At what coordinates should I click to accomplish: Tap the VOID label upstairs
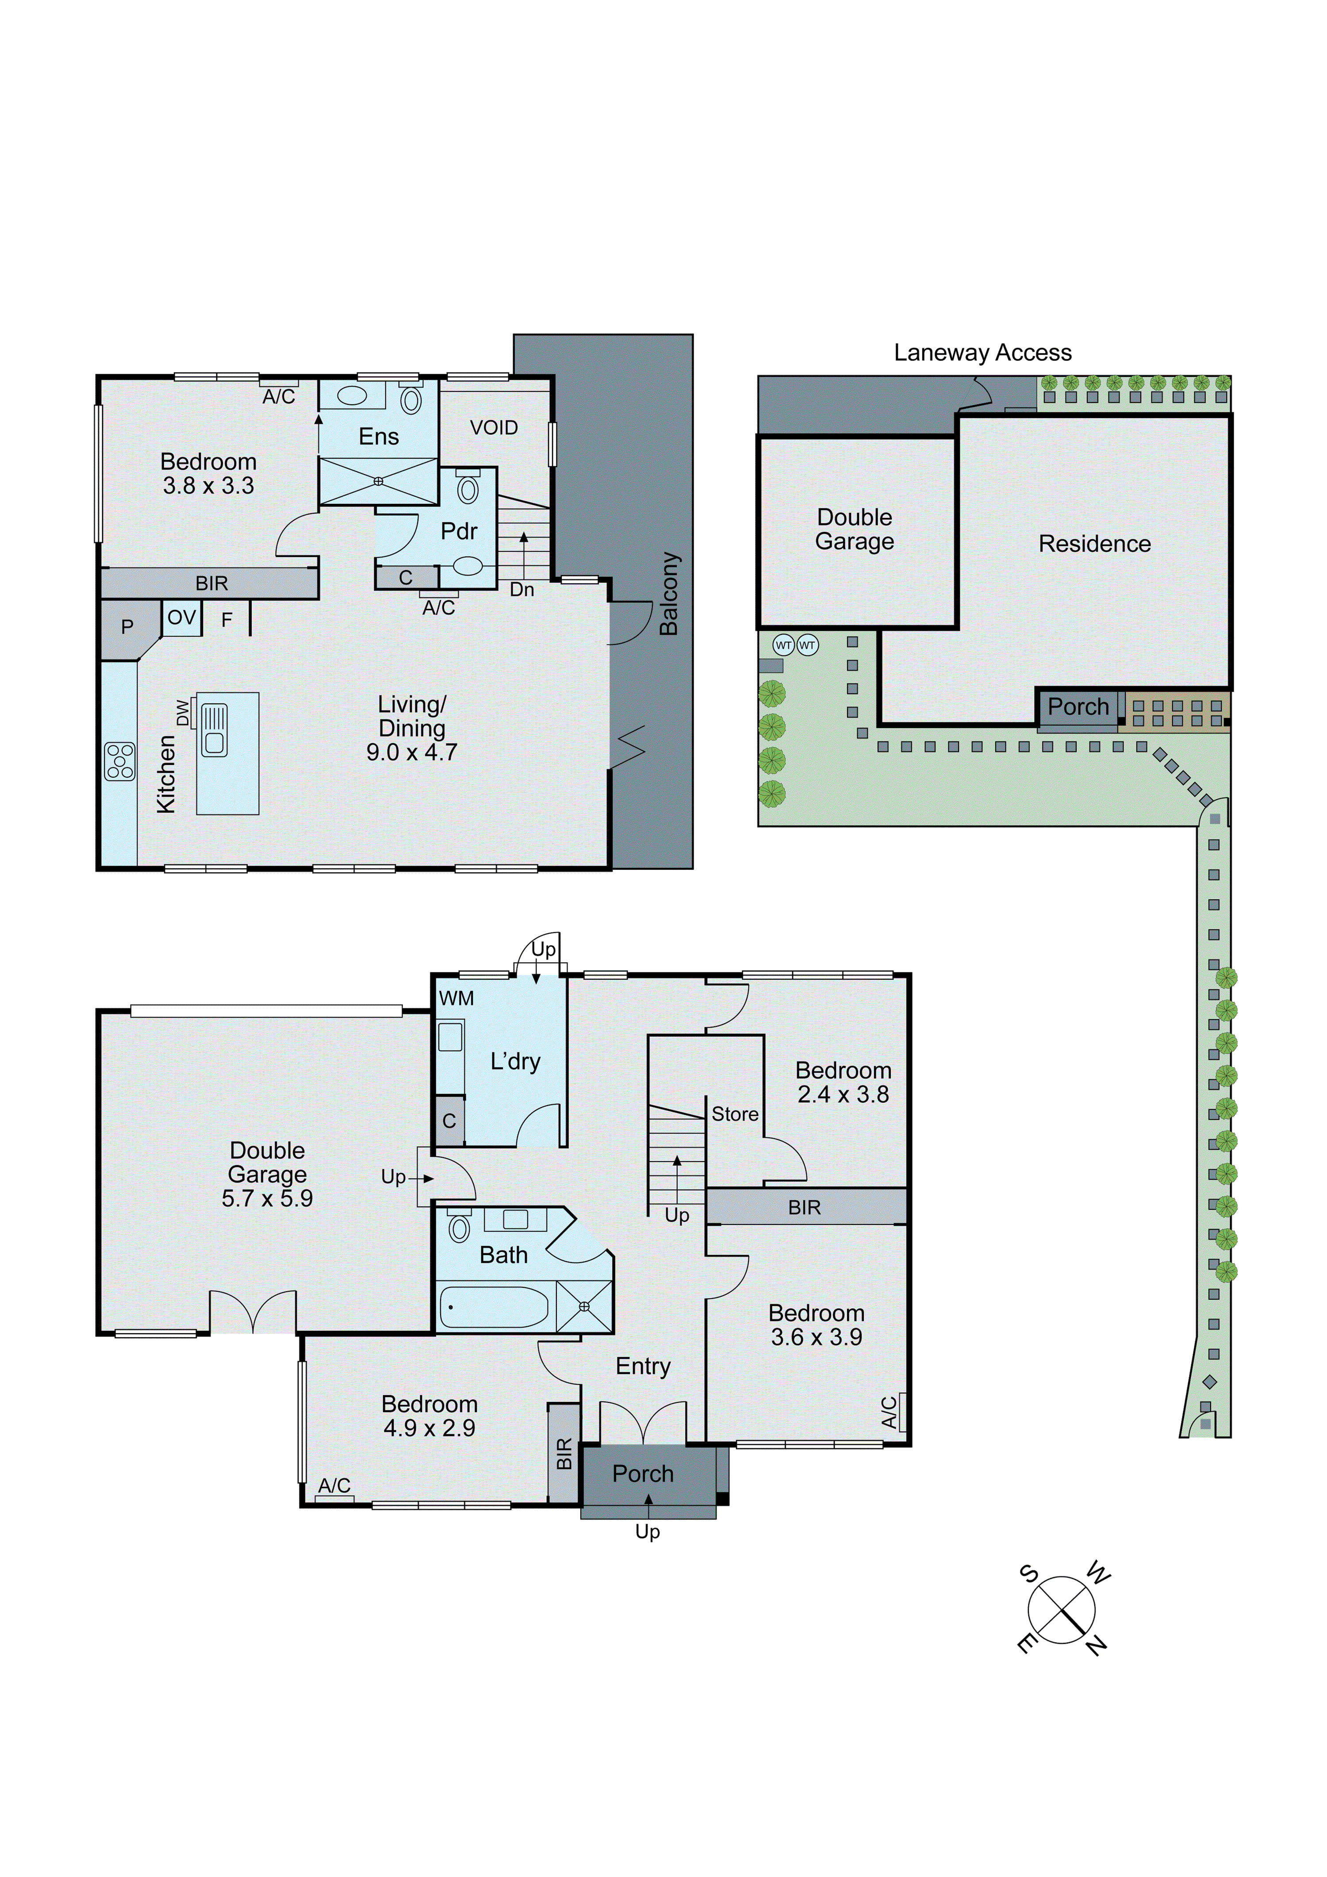point(494,428)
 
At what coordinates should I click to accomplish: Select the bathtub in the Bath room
point(494,1307)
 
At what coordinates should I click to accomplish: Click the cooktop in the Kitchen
point(119,761)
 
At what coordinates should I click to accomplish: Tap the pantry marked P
point(127,627)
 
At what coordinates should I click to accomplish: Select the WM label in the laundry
point(456,998)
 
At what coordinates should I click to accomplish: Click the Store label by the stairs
point(734,1114)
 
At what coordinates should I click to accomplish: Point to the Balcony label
point(669,594)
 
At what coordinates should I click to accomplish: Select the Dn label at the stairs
point(522,589)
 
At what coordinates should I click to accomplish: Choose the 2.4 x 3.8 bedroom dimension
point(843,1094)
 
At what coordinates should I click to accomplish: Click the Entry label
point(643,1366)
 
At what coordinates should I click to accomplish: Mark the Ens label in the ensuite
point(379,437)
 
